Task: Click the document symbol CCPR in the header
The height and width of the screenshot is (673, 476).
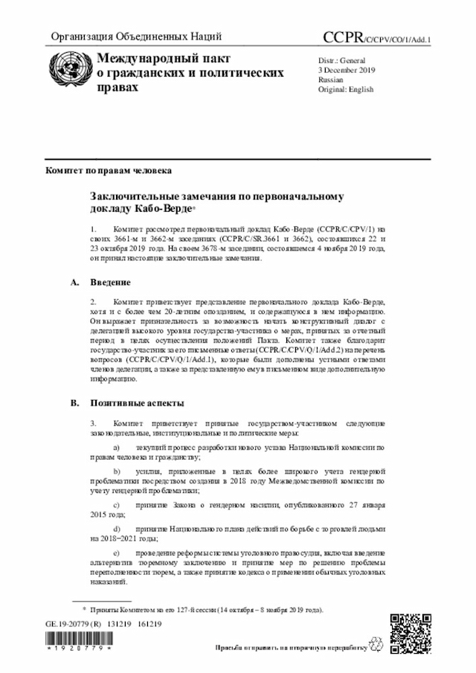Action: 342,37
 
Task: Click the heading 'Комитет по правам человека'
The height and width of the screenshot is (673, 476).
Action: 109,170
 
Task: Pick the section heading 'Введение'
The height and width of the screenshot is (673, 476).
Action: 111,283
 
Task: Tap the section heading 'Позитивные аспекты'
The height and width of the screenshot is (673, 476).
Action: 137,403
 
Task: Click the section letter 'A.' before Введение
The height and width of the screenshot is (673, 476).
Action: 74,283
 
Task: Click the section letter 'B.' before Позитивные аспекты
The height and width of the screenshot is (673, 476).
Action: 74,403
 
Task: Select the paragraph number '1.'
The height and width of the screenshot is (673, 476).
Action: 94,231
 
